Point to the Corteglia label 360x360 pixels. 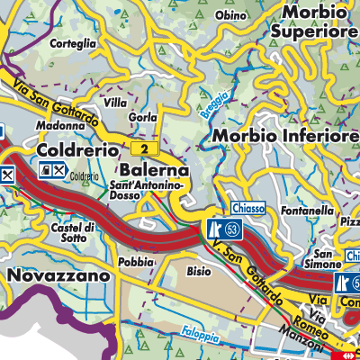pyautogui.click(x=74, y=41)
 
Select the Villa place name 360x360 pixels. pyautogui.click(x=115, y=103)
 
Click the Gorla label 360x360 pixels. pyautogui.click(x=143, y=118)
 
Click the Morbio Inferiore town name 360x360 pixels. pyautogui.click(x=287, y=135)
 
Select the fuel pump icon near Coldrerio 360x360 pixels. pyautogui.click(x=45, y=169)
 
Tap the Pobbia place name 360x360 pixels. pyautogui.click(x=135, y=262)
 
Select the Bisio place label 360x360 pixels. pyautogui.click(x=199, y=269)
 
